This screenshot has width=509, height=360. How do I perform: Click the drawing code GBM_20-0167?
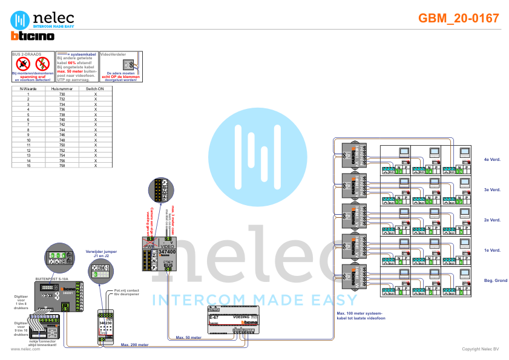[459, 18]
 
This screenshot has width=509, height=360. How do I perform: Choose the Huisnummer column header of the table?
[62, 88]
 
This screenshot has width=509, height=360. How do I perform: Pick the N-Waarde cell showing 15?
[28, 165]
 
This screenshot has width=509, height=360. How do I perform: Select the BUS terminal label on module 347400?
[169, 266]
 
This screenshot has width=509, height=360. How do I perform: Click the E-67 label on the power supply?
[214, 317]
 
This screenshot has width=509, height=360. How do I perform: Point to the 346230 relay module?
[105, 324]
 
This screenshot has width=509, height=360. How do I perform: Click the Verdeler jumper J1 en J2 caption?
[97, 254]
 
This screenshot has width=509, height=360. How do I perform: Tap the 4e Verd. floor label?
[491, 160]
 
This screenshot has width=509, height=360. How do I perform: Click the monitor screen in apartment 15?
[464, 151]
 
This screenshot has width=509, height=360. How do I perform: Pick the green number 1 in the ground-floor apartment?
[400, 293]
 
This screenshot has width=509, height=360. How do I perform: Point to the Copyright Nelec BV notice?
[481, 349]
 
